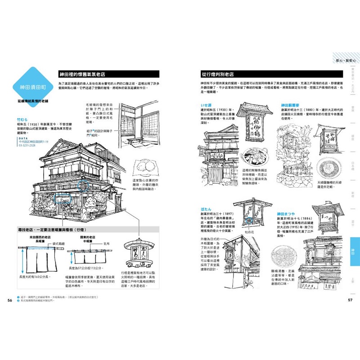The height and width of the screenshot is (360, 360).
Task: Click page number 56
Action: [x=9, y=301]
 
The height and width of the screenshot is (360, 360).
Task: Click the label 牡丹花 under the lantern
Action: [x=249, y=234]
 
